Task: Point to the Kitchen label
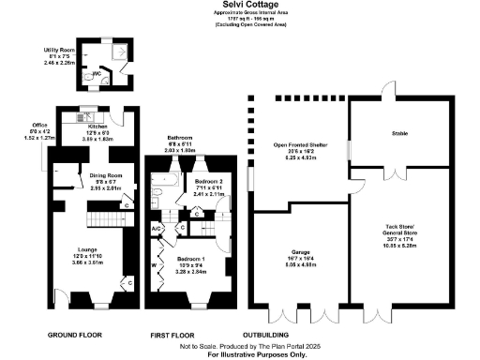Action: coord(98,126)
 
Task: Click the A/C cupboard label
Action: coord(157,229)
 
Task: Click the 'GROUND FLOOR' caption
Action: coord(74,334)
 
